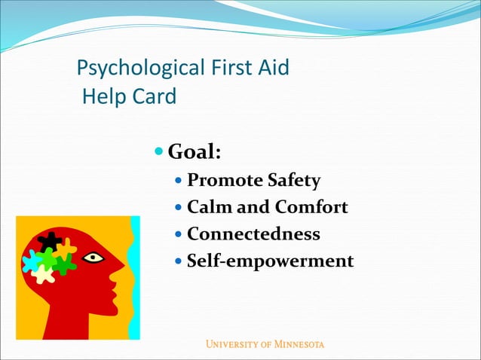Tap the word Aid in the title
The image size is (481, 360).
(274, 69)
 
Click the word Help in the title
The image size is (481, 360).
(103, 96)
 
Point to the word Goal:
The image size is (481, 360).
(194, 152)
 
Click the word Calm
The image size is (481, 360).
(210, 207)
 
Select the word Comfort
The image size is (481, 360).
(311, 207)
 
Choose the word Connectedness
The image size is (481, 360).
(253, 234)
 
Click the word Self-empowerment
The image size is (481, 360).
(270, 261)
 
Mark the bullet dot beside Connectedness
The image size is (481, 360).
(178, 234)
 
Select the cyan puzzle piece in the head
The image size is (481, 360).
(32, 261)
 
